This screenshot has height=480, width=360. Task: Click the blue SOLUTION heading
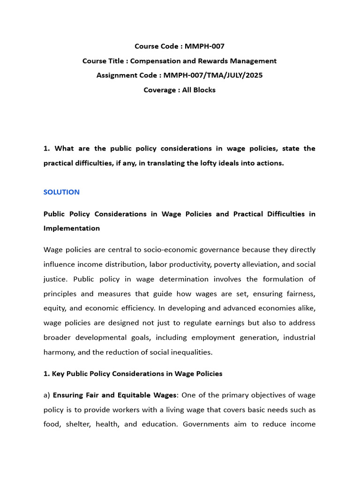point(61,192)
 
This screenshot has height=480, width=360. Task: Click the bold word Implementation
point(71,228)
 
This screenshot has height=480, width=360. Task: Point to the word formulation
point(280,279)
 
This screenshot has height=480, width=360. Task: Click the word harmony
point(58,352)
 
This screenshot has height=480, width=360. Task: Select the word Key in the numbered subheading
point(58,374)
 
